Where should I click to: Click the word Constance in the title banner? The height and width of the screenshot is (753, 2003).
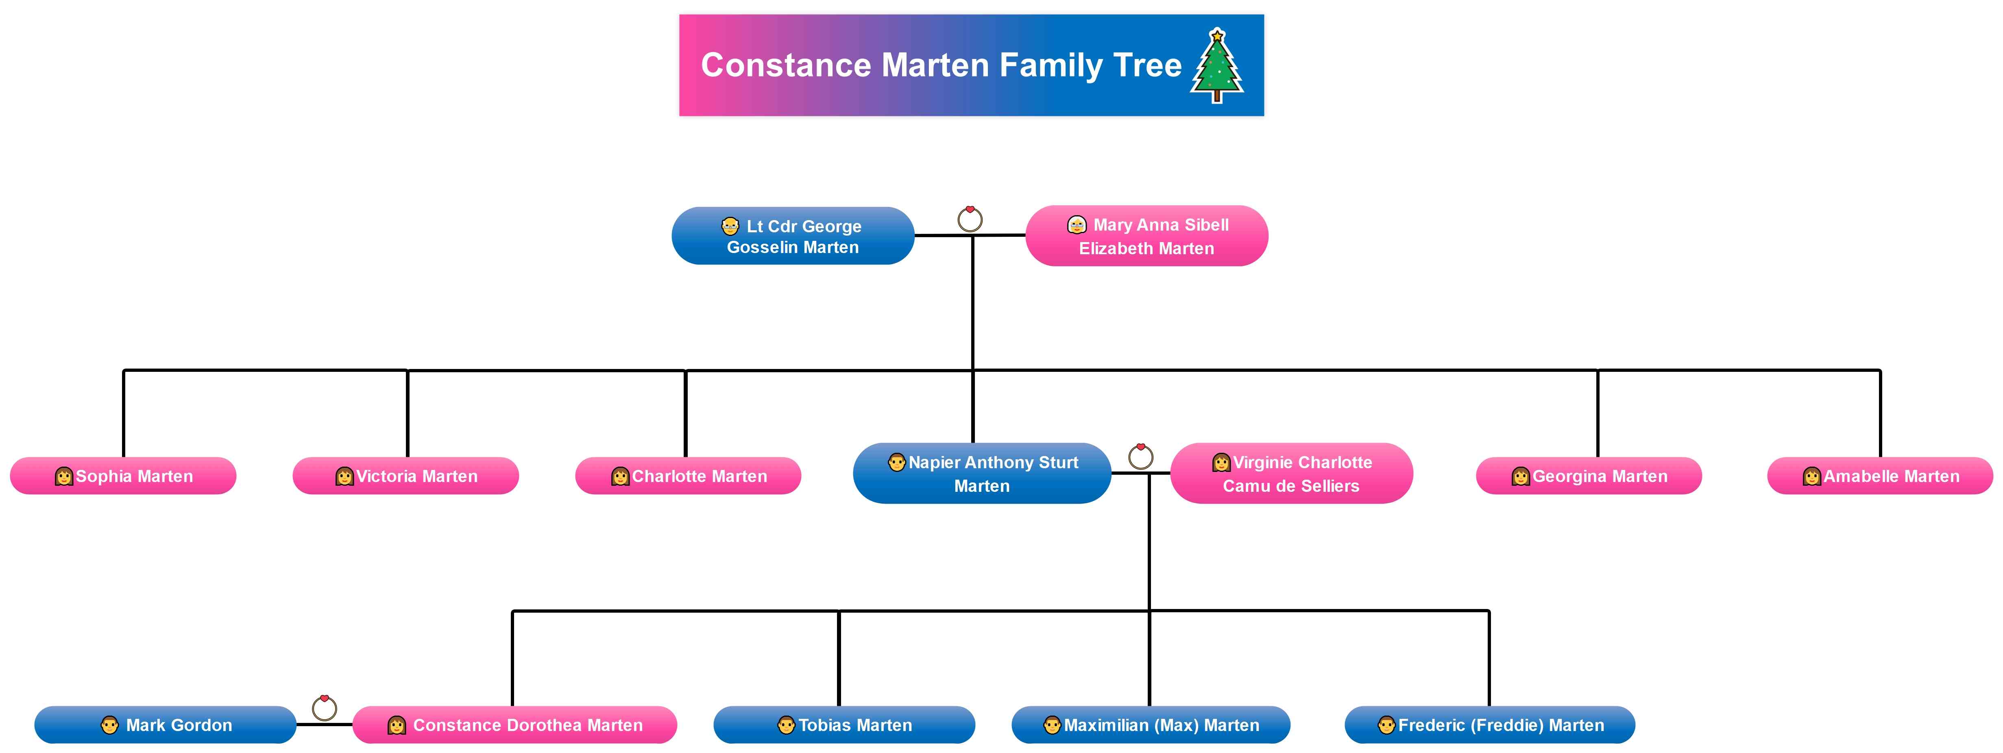[x=785, y=65]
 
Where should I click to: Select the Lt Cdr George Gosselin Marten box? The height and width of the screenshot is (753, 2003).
[x=792, y=236]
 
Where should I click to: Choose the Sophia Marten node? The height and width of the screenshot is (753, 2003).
[x=123, y=476]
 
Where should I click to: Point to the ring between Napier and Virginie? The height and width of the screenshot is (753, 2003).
[x=1141, y=456]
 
